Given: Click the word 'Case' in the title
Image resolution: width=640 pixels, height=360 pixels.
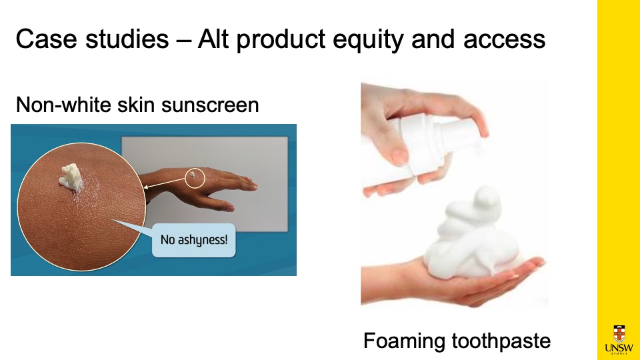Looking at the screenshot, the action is pos(46,39).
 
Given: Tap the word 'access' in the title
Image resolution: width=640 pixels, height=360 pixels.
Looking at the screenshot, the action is pos(504,39).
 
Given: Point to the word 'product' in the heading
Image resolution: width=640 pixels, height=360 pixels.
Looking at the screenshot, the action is pos(281,41).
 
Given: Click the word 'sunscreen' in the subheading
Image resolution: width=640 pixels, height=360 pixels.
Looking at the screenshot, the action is pos(210,105).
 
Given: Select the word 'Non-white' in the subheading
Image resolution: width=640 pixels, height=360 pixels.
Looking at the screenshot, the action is pos(64,104).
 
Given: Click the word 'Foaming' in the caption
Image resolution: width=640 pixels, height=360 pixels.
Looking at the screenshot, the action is pos(404,341).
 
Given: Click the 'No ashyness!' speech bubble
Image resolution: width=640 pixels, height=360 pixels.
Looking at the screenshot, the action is pos(193,240).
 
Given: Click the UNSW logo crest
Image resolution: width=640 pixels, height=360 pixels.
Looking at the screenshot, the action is pos(619,333).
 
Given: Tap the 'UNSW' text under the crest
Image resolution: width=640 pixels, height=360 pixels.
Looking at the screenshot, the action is pos(619,348).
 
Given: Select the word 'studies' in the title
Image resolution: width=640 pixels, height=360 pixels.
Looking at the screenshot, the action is pos(127,39).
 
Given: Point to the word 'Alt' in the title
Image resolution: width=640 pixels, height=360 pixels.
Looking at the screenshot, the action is pos(213,39).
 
